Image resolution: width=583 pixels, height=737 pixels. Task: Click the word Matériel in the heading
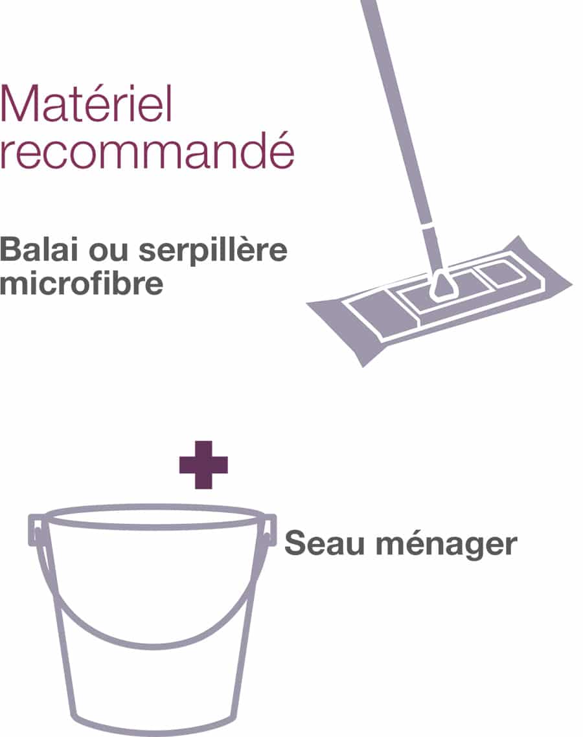(86, 104)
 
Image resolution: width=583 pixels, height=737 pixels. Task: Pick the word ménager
(447, 545)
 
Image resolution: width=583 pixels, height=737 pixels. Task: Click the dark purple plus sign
(203, 465)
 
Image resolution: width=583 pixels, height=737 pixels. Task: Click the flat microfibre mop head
(440, 300)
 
